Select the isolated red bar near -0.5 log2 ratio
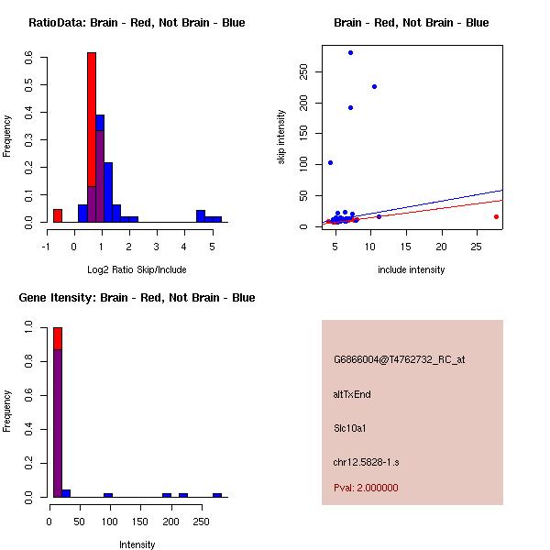(x=57, y=215)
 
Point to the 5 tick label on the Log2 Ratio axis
(x=212, y=247)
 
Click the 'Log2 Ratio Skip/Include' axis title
(x=137, y=269)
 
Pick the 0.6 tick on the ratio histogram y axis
(x=30, y=56)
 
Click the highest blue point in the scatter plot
(x=350, y=52)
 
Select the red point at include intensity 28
(x=496, y=216)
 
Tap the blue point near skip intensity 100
(x=330, y=162)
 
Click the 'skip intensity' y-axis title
(x=281, y=137)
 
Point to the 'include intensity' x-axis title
(x=411, y=269)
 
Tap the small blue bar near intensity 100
(x=108, y=495)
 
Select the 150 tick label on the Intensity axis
(x=138, y=520)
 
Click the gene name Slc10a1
(x=350, y=428)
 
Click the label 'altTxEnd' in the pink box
(x=352, y=394)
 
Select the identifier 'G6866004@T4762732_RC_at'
(x=400, y=360)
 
